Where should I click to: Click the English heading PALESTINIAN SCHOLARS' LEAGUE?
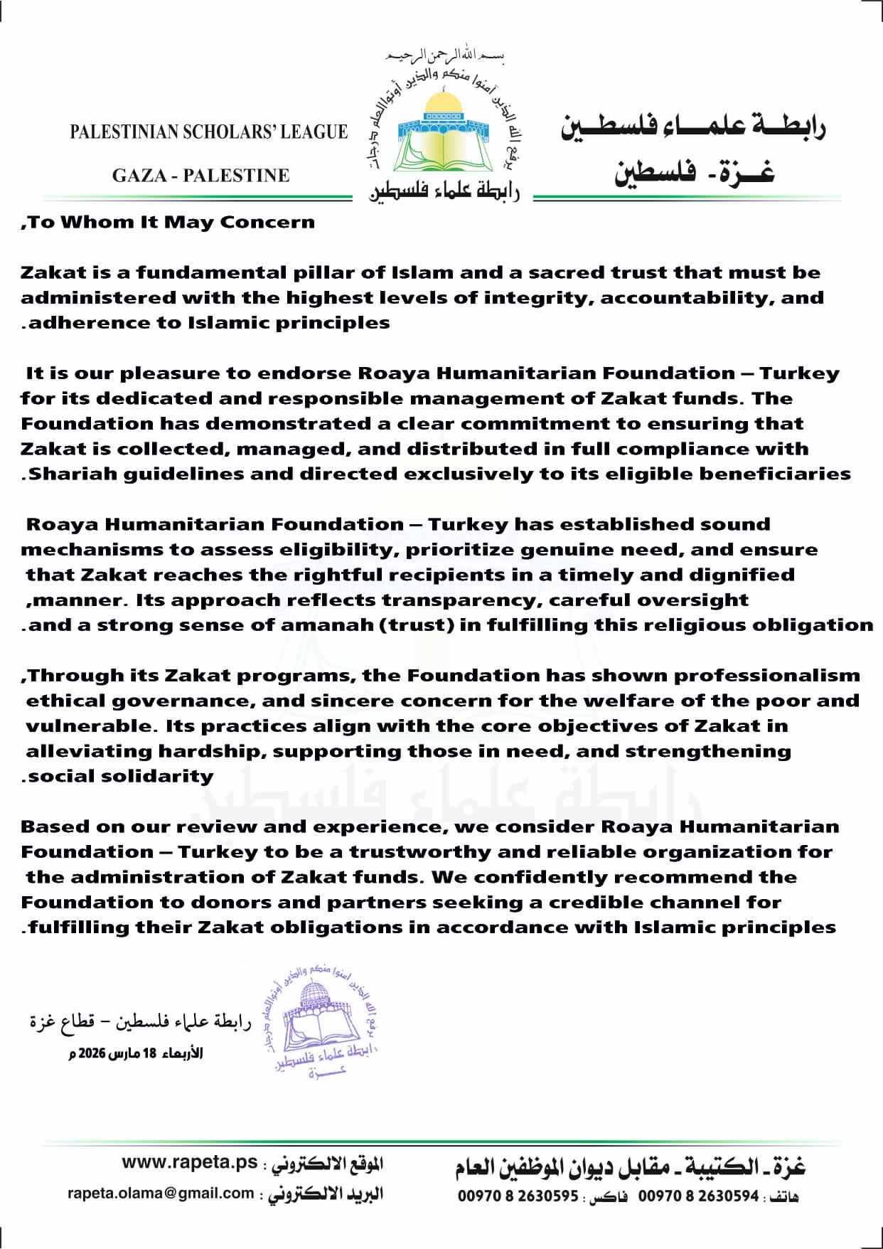(208, 132)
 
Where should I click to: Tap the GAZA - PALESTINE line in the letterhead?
(200, 175)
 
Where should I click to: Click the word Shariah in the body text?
(73, 474)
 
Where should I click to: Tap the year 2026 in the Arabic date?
(92, 1053)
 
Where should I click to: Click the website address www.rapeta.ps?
(190, 1162)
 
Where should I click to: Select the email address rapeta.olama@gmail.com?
(161, 1193)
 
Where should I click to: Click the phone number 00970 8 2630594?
(698, 1196)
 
